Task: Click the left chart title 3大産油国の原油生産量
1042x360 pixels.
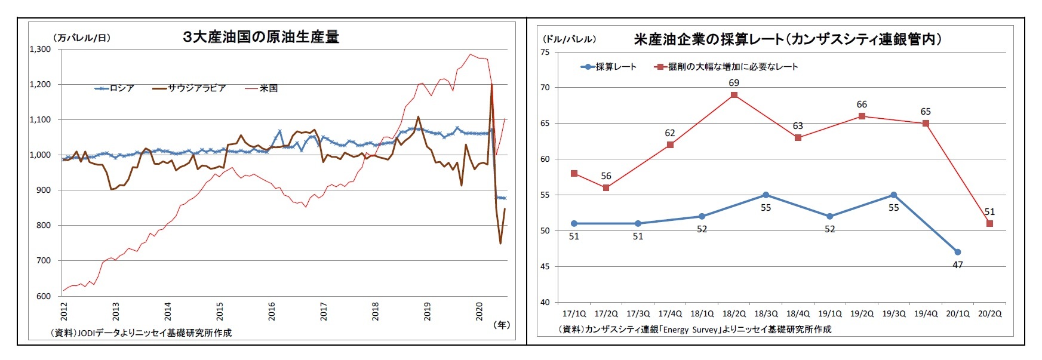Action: (260, 37)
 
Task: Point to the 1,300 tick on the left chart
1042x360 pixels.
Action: (40, 50)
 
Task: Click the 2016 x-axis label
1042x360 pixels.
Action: (272, 312)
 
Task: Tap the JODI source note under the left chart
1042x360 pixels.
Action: (142, 333)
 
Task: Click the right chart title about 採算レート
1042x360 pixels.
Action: (788, 39)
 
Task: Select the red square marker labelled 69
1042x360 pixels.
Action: (734, 95)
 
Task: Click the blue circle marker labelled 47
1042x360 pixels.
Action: (957, 252)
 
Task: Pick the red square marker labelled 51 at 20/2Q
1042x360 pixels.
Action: (989, 224)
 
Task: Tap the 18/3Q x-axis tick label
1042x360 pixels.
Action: (766, 313)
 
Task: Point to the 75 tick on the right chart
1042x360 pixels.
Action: (545, 53)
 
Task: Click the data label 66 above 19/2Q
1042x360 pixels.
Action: (862, 104)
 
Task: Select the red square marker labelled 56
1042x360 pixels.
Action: (606, 188)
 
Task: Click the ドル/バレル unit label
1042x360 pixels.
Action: (568, 39)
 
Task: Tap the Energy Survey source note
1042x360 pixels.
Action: (695, 329)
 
